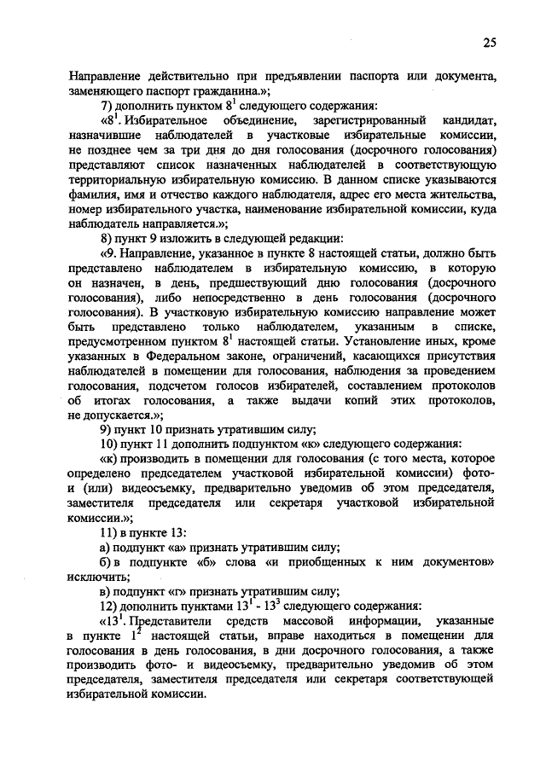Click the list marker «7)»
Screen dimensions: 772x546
click(x=108, y=107)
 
